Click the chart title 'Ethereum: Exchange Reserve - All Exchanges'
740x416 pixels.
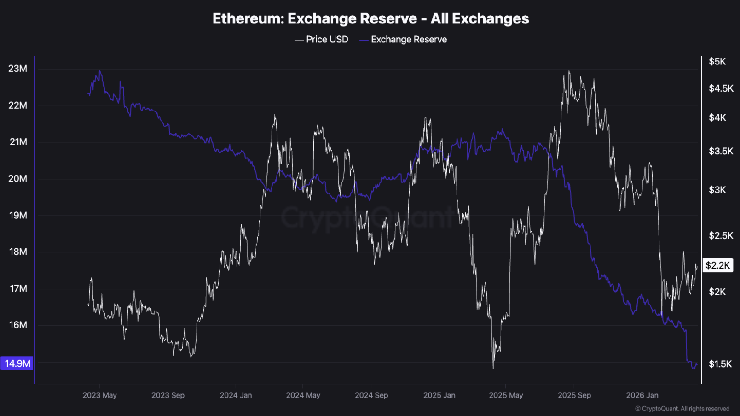(x=370, y=18)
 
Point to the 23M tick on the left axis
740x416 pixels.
(x=18, y=69)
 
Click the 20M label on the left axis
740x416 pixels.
(x=18, y=178)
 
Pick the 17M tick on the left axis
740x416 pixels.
(x=18, y=288)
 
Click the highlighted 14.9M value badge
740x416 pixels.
(x=17, y=363)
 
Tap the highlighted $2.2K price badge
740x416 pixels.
(x=717, y=265)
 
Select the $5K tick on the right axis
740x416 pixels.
(x=717, y=61)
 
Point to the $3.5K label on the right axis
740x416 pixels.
(x=721, y=151)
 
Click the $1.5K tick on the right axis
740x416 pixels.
(x=720, y=364)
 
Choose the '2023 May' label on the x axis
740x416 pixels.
(x=99, y=395)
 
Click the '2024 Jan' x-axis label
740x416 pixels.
(x=236, y=395)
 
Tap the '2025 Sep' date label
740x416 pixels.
(x=574, y=395)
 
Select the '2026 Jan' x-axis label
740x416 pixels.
(x=642, y=395)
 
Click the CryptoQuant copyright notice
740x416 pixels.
(x=682, y=409)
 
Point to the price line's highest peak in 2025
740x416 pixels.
(x=569, y=71)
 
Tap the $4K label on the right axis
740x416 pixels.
(x=717, y=117)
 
